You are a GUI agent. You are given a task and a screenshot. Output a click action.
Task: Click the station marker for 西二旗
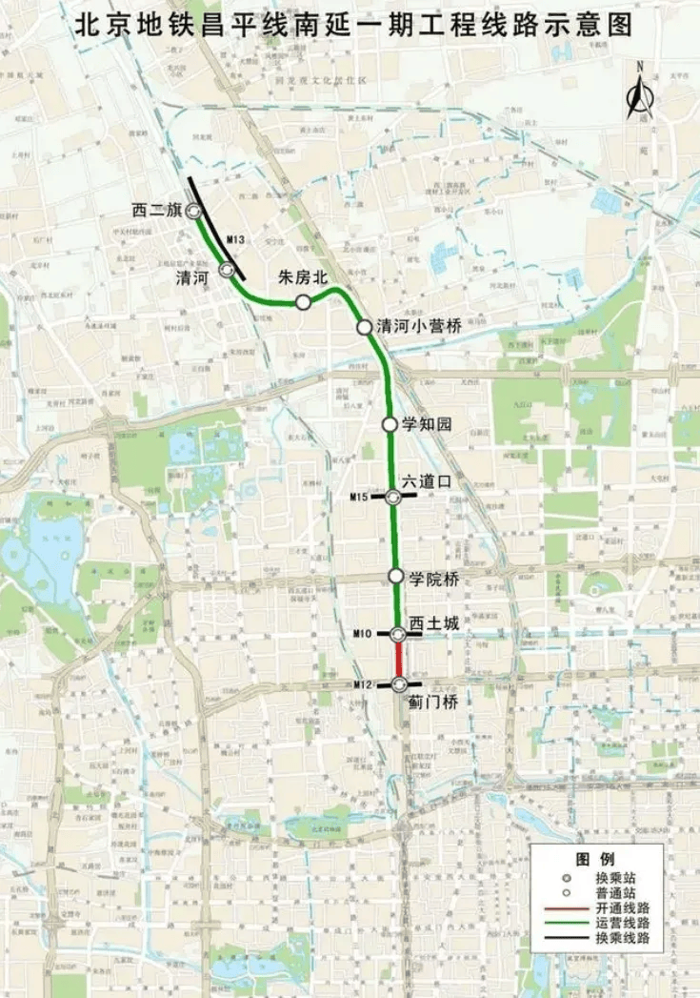click(192, 211)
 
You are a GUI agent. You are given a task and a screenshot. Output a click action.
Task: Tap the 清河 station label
click(195, 277)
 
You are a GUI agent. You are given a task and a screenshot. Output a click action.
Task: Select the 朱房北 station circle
click(303, 302)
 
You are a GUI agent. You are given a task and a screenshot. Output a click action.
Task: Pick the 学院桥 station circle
click(395, 576)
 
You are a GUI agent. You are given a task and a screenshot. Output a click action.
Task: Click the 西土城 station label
click(433, 623)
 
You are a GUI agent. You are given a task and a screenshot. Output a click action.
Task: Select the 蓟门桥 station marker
click(400, 683)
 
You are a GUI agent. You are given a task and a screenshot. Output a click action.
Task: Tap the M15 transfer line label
click(359, 497)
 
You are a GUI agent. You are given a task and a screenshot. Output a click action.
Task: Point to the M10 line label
click(363, 633)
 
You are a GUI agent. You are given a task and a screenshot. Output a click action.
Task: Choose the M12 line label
click(363, 684)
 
